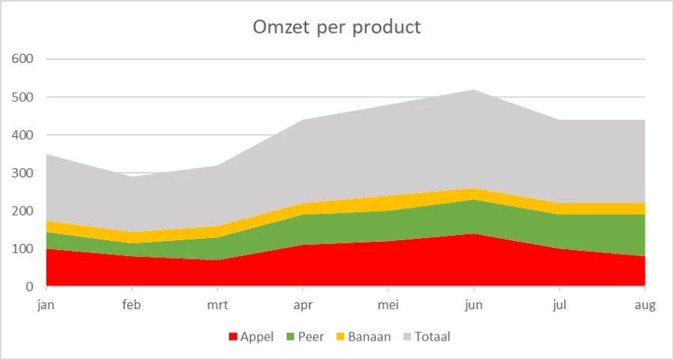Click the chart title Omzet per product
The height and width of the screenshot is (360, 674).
(336, 28)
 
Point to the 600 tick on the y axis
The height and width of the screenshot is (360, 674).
(23, 58)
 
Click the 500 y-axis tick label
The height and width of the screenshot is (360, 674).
(23, 97)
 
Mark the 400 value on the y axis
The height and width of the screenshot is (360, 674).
(23, 135)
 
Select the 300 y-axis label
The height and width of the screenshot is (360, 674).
(23, 173)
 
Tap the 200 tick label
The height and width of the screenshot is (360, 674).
(23, 211)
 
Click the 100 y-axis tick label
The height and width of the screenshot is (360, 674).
(23, 248)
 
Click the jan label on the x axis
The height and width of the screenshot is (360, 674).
(46, 305)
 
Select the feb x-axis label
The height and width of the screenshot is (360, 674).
(132, 305)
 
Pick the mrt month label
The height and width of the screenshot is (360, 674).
(217, 305)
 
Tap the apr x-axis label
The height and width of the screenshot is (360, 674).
(303, 305)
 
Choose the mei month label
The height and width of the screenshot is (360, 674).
(388, 305)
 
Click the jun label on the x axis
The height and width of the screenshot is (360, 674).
(473, 305)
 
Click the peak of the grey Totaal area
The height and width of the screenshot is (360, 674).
(473, 91)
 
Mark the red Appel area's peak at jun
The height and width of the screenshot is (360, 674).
(473, 235)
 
